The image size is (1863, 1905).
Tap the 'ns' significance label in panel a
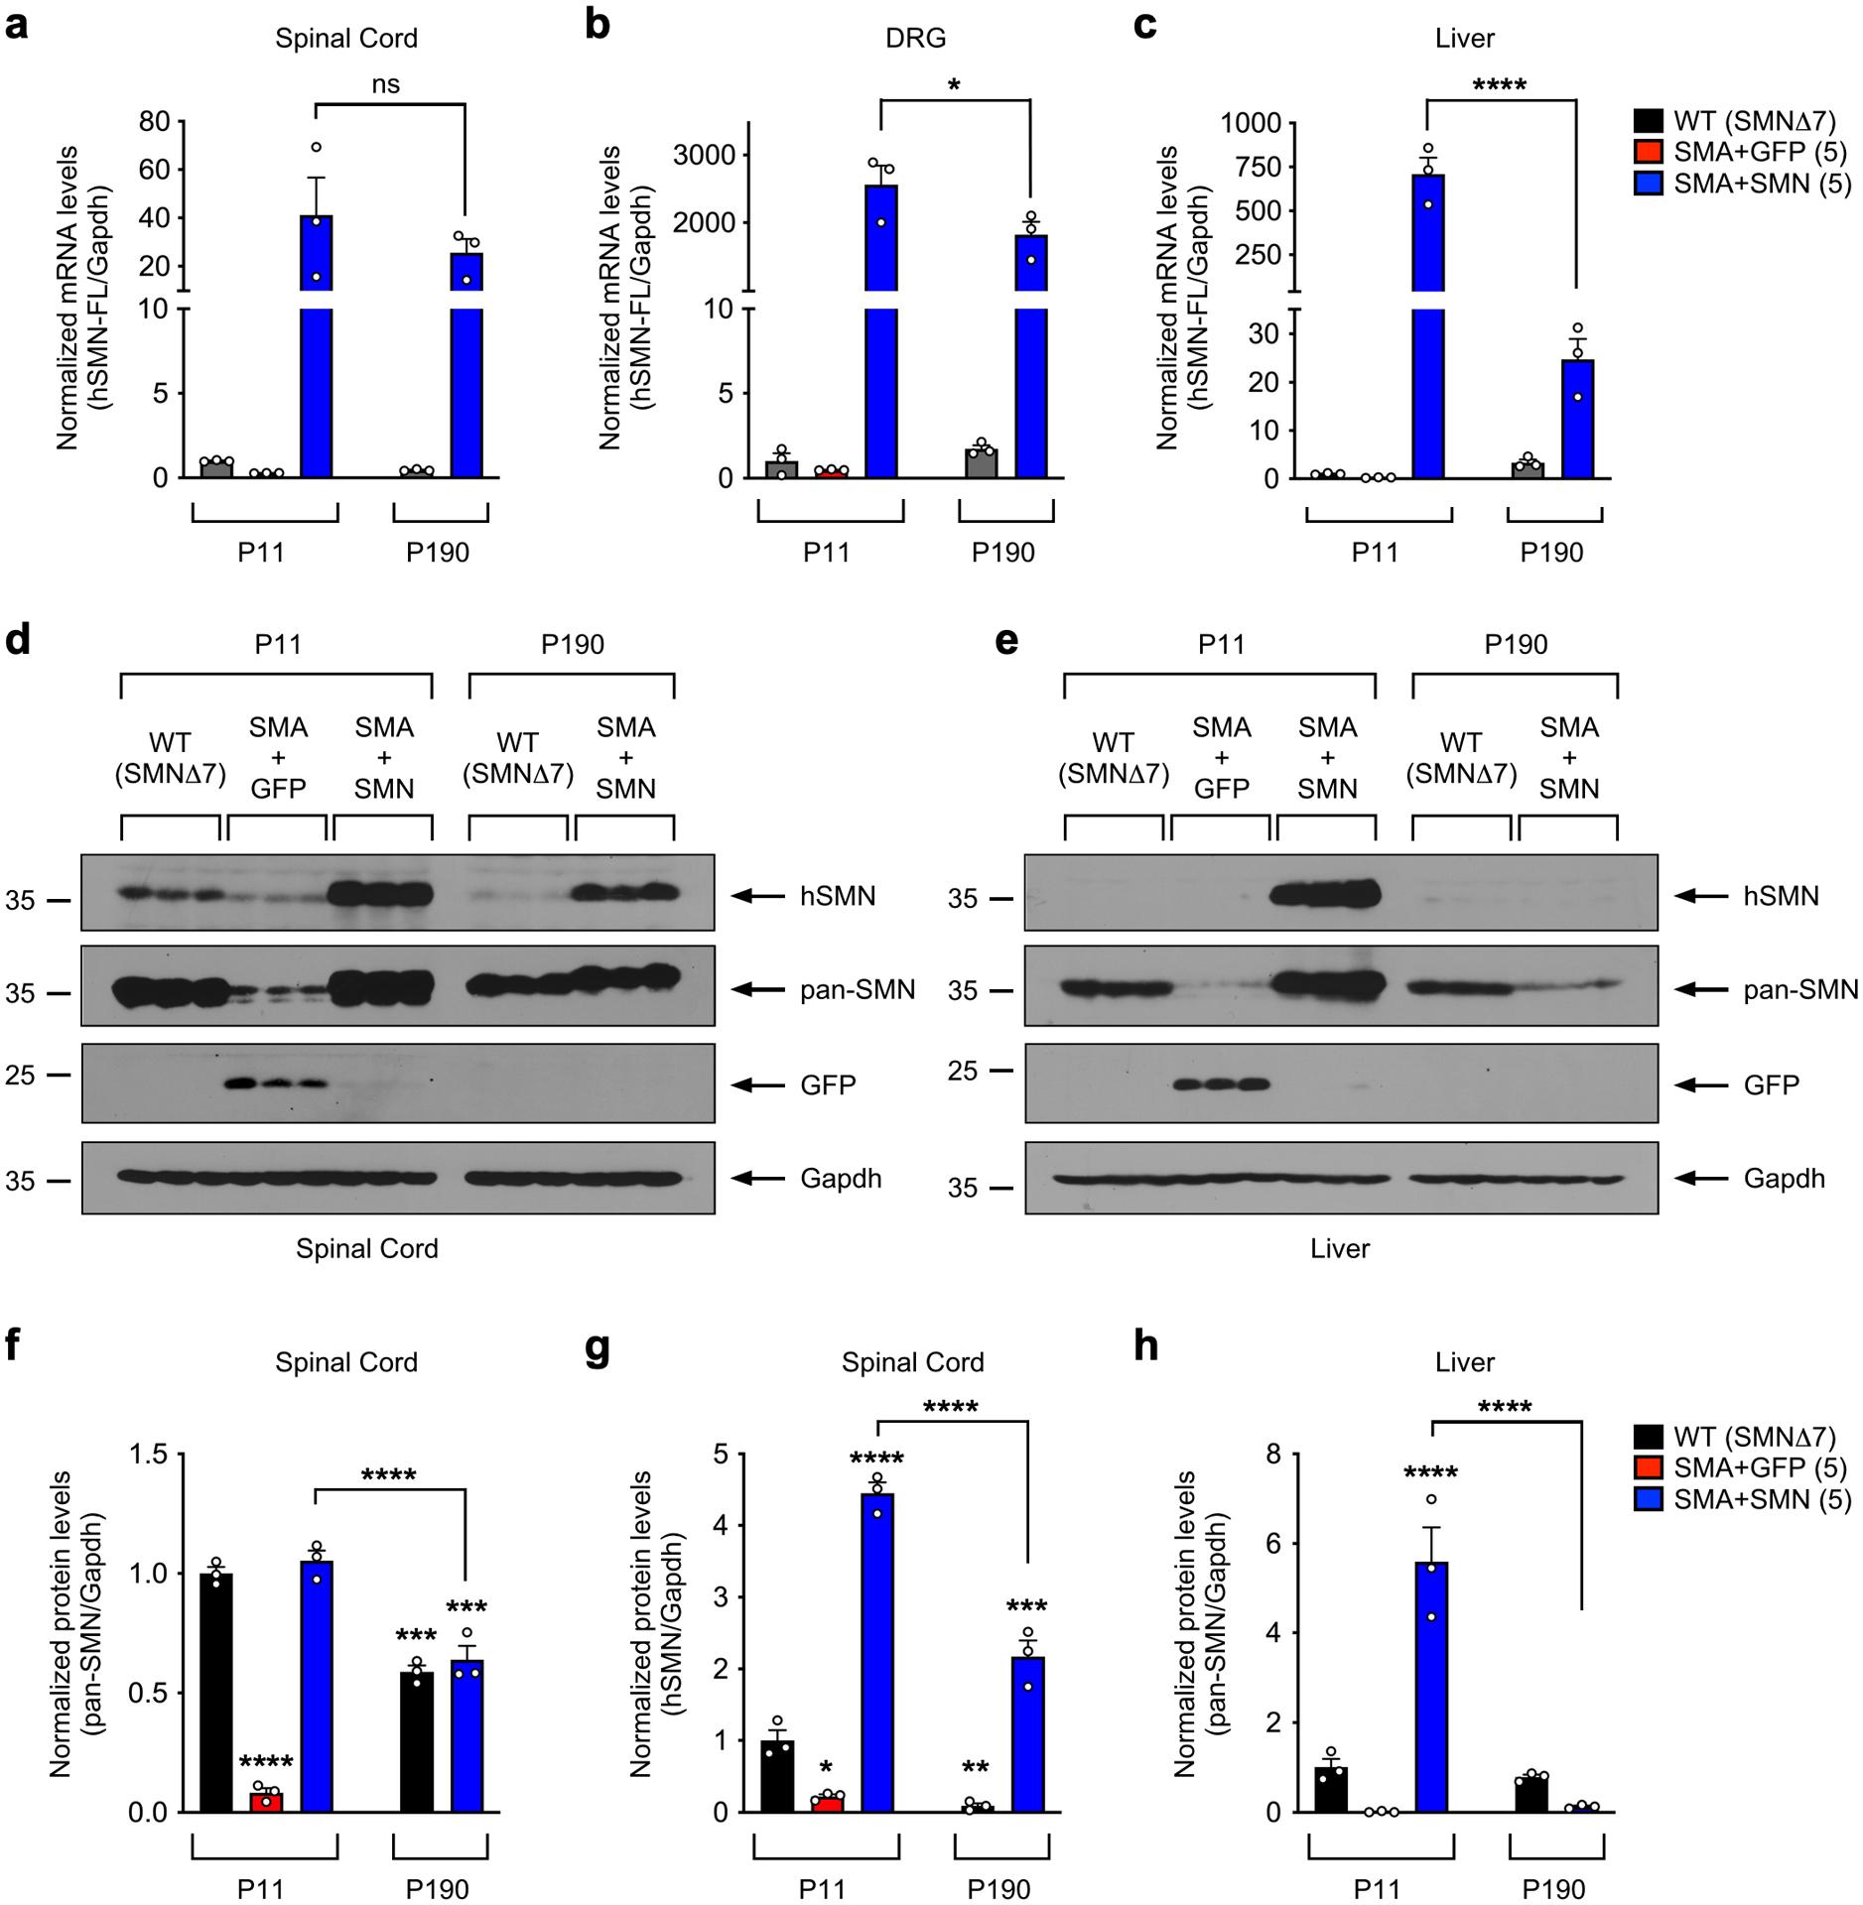(x=386, y=84)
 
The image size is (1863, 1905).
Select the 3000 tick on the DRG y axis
(x=705, y=155)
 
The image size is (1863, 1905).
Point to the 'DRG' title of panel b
(x=915, y=39)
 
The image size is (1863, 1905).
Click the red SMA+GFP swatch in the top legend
(x=1648, y=152)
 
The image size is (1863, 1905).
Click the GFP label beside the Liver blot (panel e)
(x=1772, y=1084)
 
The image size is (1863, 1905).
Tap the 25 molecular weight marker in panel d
(x=20, y=1075)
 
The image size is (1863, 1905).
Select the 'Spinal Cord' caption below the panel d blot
(x=366, y=1248)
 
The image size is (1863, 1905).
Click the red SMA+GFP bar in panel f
(x=266, y=1801)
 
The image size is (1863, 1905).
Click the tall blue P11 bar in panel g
(x=877, y=1653)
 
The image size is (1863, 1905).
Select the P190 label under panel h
(x=1554, y=1887)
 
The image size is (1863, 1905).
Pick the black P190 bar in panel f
(x=417, y=1741)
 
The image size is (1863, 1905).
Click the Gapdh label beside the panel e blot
(x=1784, y=1179)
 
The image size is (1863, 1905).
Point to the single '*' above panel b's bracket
(x=954, y=86)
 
